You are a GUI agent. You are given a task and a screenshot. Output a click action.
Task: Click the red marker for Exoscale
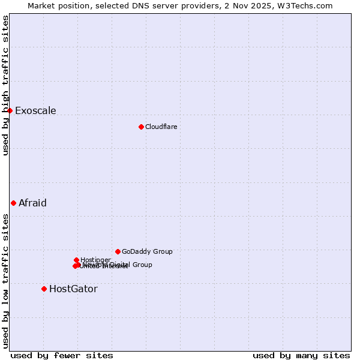10,110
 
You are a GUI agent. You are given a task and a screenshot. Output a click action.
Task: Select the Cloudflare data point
141,127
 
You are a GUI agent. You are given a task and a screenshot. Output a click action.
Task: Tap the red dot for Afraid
13,203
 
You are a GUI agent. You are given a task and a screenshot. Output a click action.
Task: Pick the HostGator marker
44,289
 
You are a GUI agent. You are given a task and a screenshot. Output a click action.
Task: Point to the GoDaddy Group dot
118,251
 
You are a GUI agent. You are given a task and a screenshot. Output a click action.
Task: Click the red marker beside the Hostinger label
76,260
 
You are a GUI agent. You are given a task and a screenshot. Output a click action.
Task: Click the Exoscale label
35,110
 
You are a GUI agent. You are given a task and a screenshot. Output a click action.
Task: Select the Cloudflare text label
161,127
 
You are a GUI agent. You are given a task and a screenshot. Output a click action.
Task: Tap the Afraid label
32,203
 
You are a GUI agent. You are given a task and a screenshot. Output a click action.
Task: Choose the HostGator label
73,289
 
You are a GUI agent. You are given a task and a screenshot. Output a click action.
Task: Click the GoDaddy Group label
147,251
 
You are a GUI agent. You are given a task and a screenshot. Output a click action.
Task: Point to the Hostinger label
95,260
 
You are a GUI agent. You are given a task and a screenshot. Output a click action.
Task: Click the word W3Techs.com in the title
308,5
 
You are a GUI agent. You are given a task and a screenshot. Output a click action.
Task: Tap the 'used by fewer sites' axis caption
62,355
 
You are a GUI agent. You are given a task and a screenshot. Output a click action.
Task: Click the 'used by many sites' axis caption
301,355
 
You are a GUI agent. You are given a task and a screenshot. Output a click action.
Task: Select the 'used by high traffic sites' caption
5,85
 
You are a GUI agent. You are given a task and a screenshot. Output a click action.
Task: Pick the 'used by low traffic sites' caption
5,280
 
